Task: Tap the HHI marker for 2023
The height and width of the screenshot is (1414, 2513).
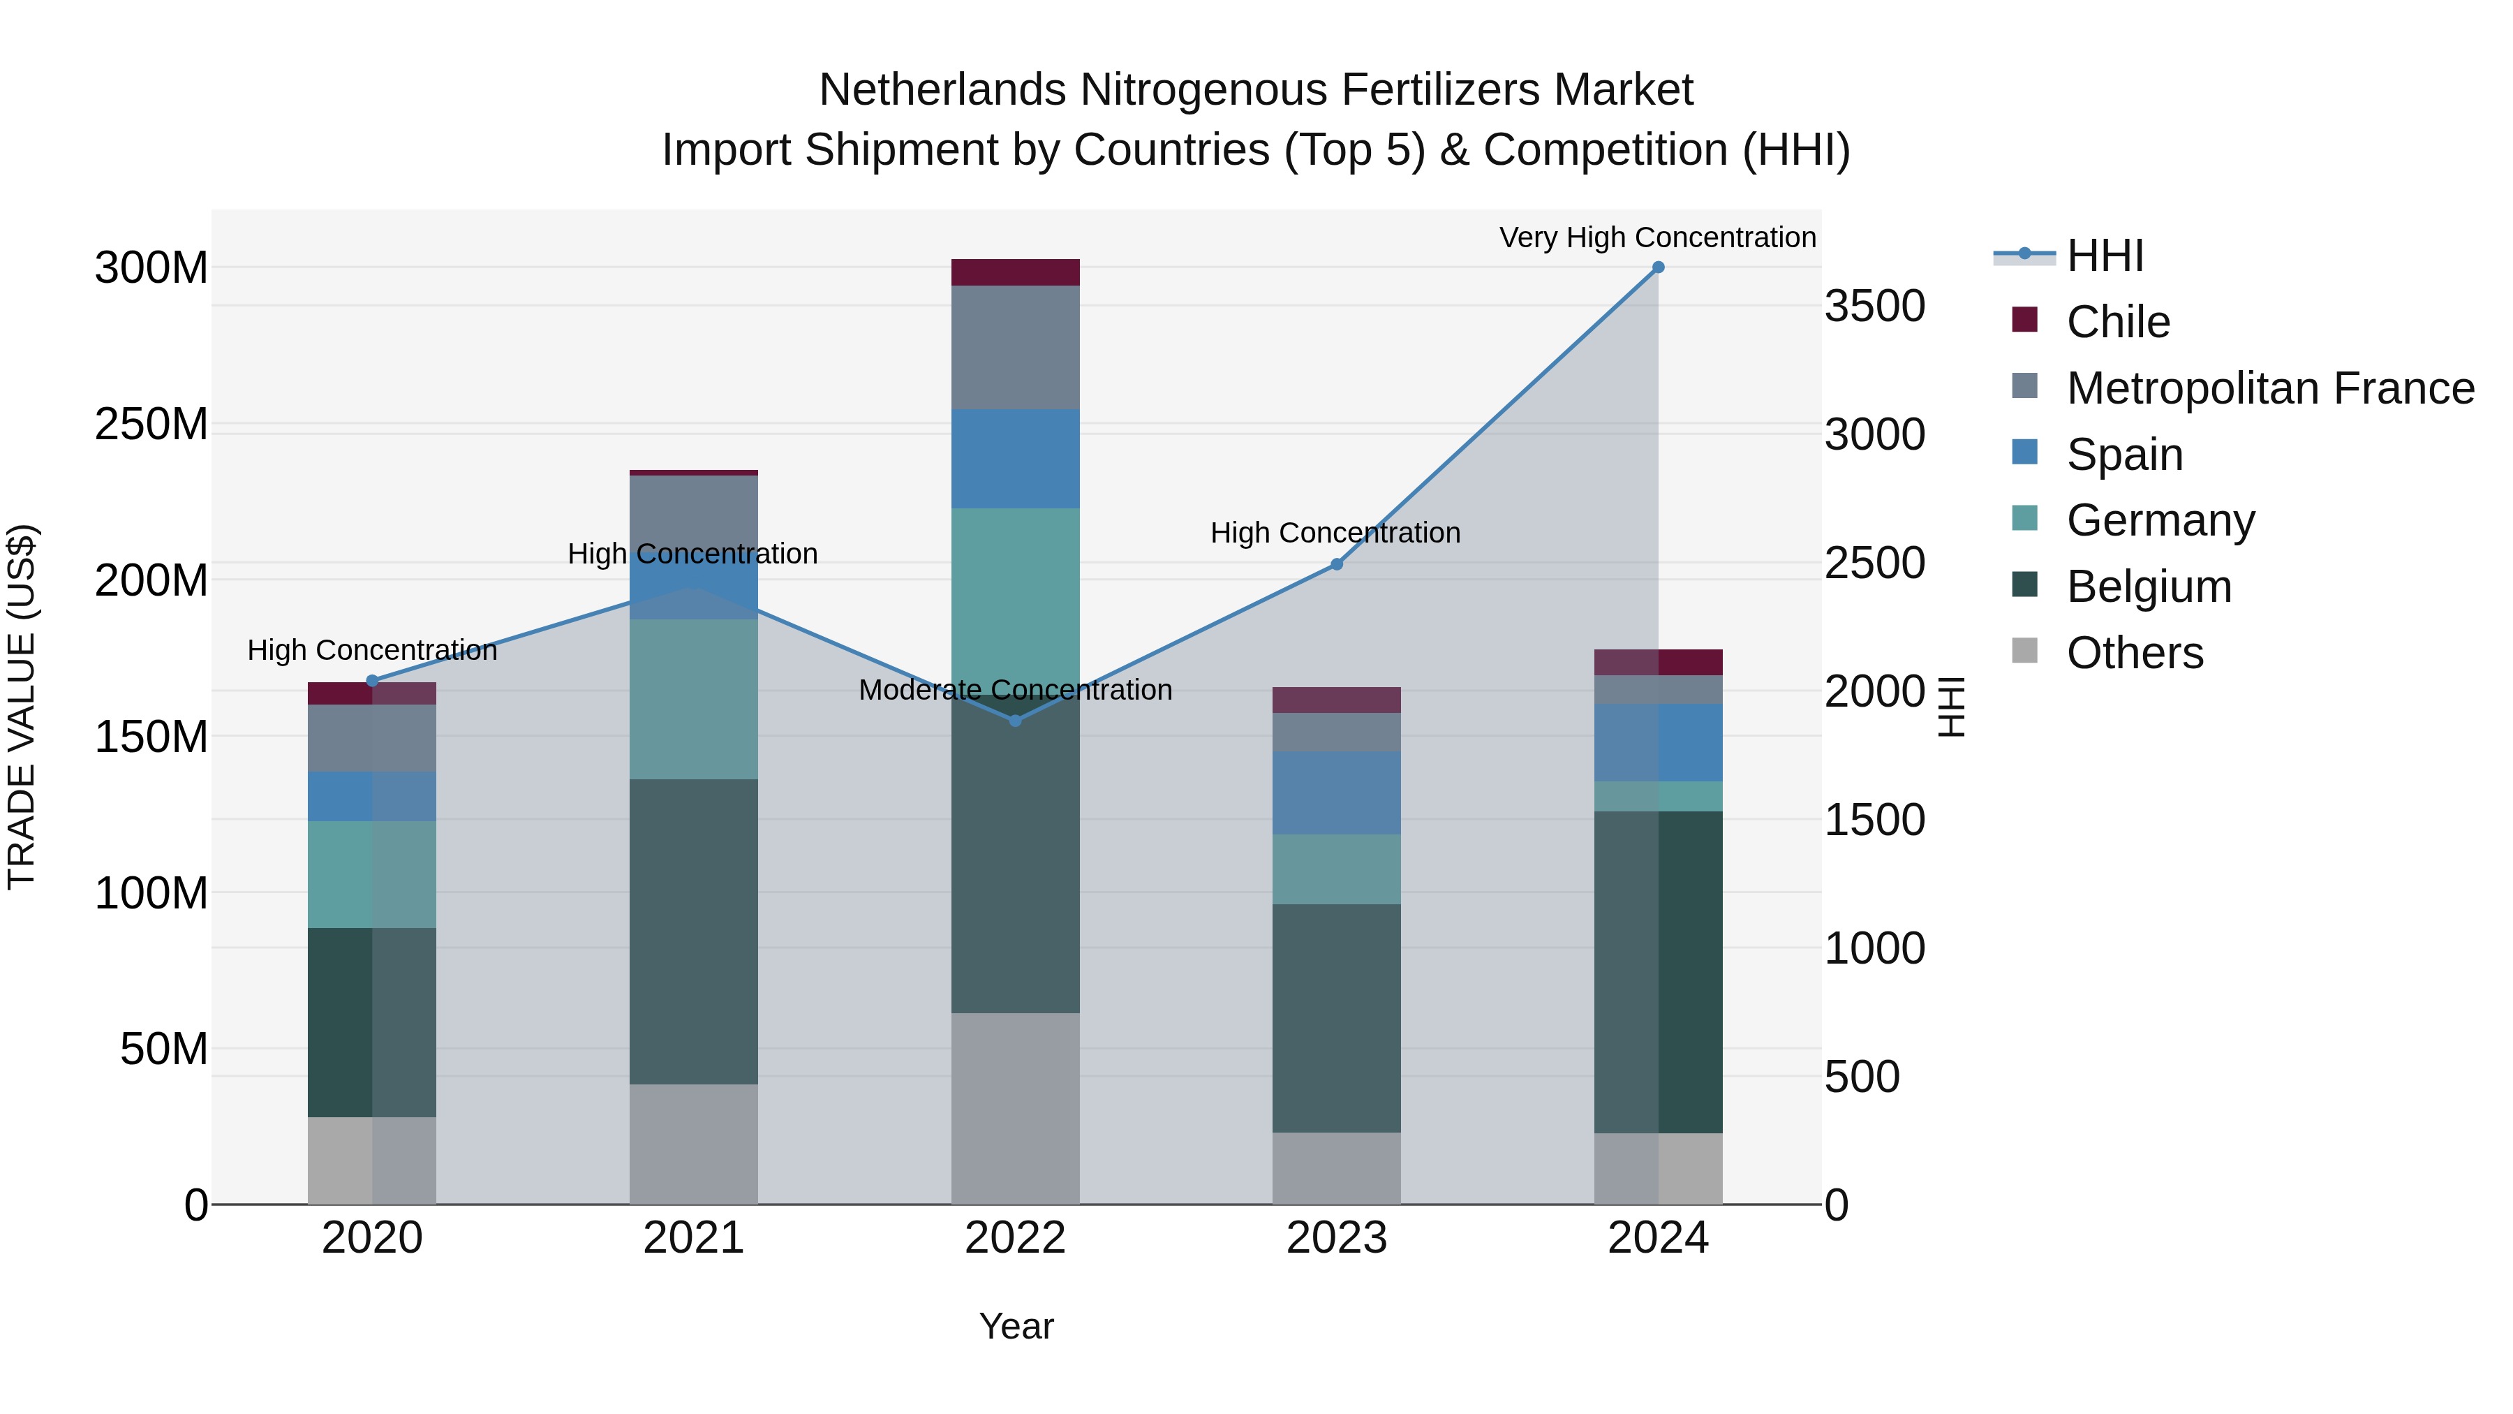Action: [x=1337, y=564]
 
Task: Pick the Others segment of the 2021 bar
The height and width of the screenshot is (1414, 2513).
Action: [x=694, y=1144]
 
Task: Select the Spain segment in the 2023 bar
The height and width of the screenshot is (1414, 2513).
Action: [x=1337, y=793]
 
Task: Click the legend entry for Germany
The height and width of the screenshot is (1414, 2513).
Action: [x=2160, y=520]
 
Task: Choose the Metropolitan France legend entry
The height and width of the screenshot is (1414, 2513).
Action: [x=2269, y=388]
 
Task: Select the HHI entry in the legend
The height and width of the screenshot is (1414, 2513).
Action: [x=2104, y=256]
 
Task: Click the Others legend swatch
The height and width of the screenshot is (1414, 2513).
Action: [x=2024, y=651]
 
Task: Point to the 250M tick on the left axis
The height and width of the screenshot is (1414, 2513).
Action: [x=151, y=425]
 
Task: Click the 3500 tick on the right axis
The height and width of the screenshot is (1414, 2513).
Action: [x=1874, y=307]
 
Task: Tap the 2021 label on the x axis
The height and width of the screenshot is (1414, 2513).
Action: [x=694, y=1238]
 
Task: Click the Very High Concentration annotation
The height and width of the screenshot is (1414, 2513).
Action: [x=1656, y=237]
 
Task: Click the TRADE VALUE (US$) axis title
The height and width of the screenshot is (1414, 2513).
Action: [x=22, y=707]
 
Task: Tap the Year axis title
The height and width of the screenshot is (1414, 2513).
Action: [x=1016, y=1326]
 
